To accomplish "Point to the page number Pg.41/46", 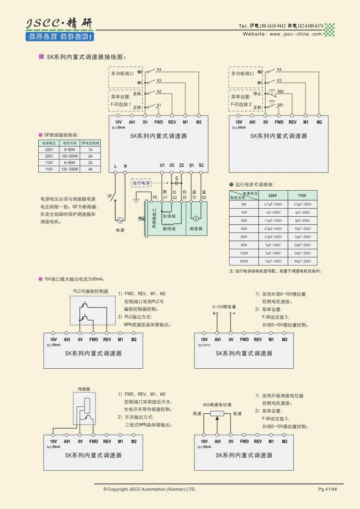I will coord(328,489).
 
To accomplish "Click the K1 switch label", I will coord(159,105).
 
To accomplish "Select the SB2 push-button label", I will coord(280,91).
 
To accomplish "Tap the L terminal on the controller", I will coord(115,166).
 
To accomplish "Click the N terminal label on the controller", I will coord(125,166).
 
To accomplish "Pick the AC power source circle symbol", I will coord(120,220).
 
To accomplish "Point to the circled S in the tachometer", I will coord(196,218).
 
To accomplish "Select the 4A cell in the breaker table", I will coord(90,169).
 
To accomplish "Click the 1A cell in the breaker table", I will coord(90,149).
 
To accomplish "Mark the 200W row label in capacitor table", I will coord(243,261).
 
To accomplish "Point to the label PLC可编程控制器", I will coord(91,291).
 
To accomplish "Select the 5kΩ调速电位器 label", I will coord(217,405).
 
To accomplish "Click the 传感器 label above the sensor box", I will coord(84,388).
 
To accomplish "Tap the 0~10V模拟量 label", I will coord(224,307).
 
